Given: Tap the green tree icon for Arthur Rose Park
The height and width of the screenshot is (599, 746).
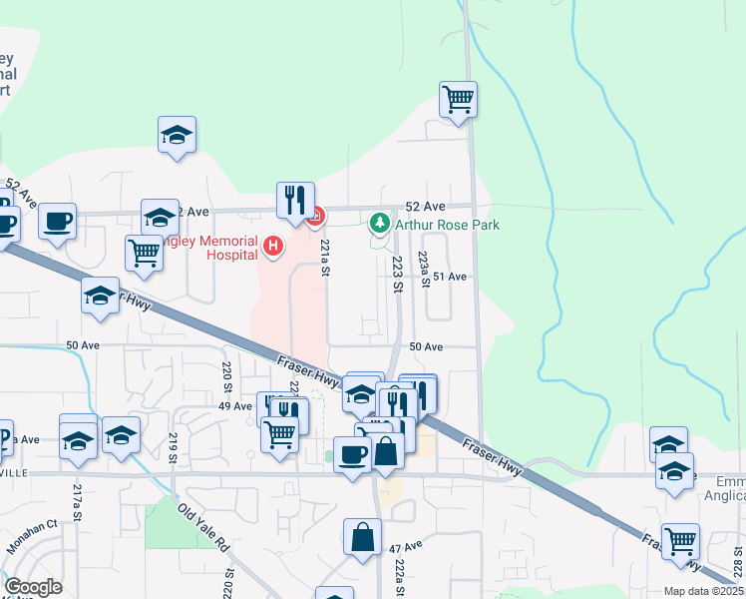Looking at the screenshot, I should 379,223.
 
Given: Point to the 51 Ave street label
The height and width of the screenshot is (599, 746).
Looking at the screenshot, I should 450,277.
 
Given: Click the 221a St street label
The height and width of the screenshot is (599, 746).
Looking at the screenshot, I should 325,257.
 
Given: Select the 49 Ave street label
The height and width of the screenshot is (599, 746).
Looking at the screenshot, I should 235,406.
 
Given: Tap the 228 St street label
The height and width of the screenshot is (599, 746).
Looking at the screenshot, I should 737,567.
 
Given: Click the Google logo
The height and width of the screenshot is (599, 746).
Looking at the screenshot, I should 33,587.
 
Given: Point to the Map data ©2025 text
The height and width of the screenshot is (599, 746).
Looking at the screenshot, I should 703,591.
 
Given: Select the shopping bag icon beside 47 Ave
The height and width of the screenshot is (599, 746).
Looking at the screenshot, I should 362,538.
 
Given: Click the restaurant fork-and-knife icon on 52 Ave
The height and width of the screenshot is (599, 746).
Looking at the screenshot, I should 295,201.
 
